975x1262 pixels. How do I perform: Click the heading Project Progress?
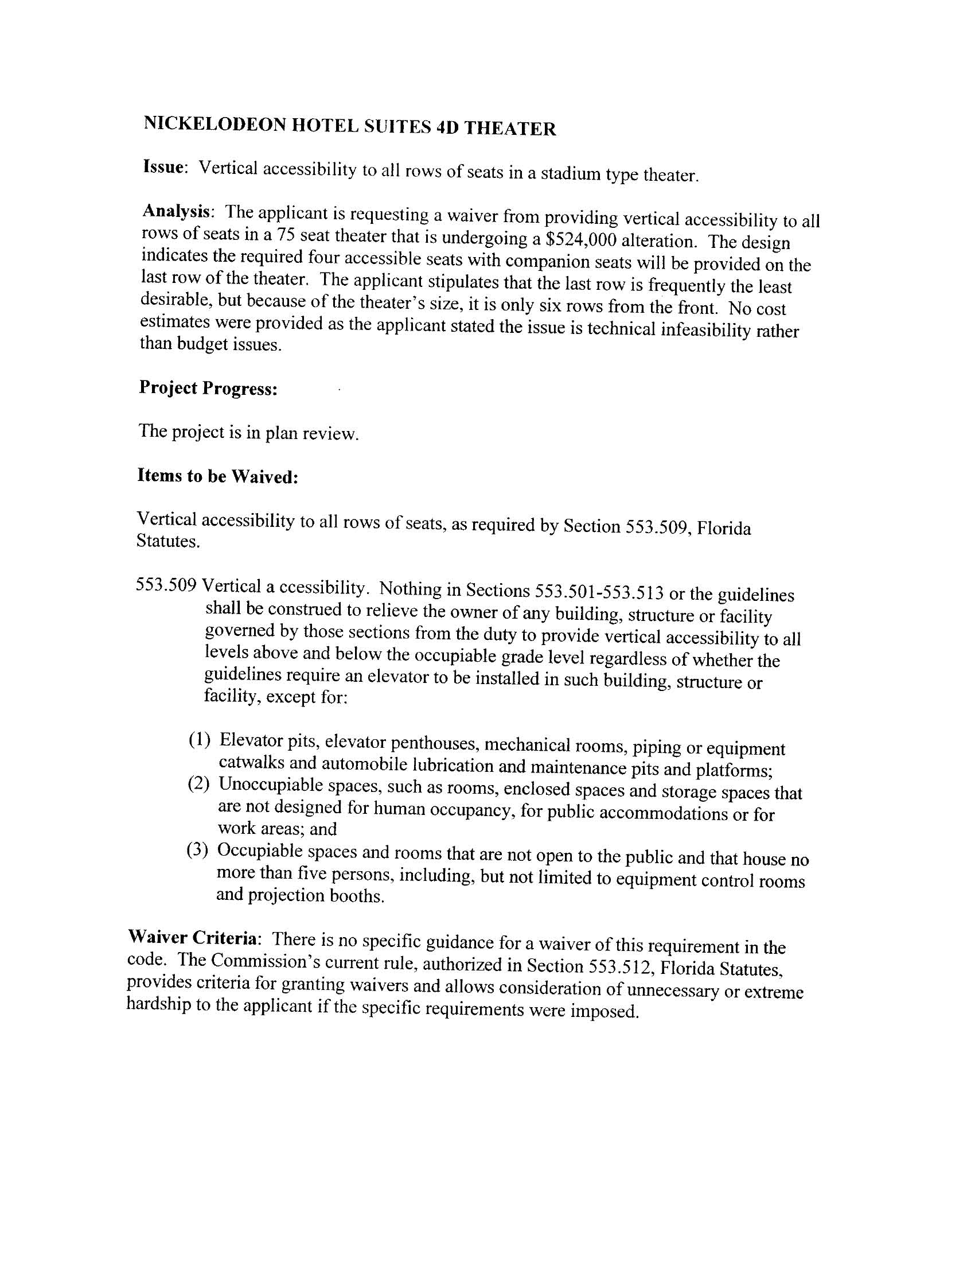click(208, 389)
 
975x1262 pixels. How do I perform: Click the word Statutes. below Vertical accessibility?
click(168, 542)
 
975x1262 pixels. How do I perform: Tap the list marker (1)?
click(199, 739)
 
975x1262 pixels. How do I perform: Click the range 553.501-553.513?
click(599, 592)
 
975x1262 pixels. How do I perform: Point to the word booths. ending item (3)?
click(356, 898)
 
